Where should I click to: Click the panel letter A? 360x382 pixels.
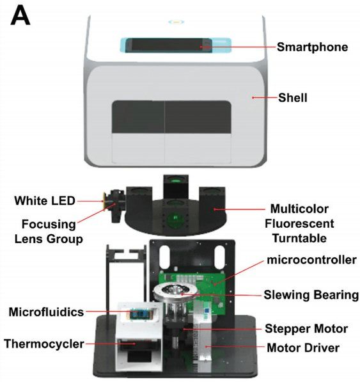coord(20,15)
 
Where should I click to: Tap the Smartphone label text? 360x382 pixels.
coord(312,47)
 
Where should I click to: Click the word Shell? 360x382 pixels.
coord(293,98)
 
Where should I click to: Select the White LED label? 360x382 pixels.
coord(45,201)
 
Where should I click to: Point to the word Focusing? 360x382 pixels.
coord(49,224)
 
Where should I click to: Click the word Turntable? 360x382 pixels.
coord(299,238)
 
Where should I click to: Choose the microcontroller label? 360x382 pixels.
coord(311,260)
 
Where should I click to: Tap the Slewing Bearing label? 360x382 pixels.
coord(311,295)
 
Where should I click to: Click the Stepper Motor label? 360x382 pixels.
coord(306,329)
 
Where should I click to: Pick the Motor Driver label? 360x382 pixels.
coord(303,347)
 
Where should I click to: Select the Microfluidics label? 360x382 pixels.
coord(46,312)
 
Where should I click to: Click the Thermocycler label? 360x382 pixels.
coord(44,344)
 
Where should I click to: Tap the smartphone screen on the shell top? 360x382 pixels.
coord(169,45)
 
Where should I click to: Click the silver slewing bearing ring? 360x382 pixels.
coord(175,291)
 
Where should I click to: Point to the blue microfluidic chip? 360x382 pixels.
coord(139,314)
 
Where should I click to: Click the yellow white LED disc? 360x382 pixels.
coord(105,201)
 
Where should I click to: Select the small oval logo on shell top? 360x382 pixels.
coord(176,22)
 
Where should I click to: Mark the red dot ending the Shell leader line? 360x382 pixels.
coord(253,97)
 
